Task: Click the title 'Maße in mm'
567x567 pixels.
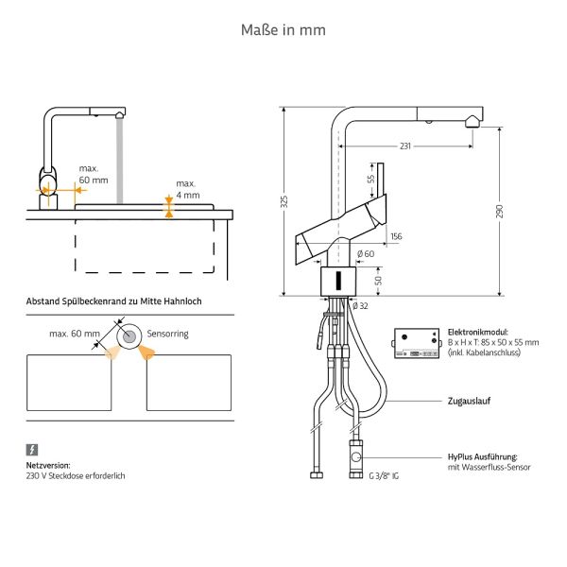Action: pyautogui.click(x=283, y=30)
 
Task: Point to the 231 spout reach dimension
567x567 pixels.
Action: pyautogui.click(x=405, y=146)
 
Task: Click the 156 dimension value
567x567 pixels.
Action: pyautogui.click(x=396, y=235)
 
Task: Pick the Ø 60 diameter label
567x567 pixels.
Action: pyautogui.click(x=364, y=253)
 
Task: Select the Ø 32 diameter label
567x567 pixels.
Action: pyautogui.click(x=359, y=305)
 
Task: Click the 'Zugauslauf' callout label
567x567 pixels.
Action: pyautogui.click(x=468, y=401)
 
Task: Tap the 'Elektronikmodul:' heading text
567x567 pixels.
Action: pyautogui.click(x=477, y=333)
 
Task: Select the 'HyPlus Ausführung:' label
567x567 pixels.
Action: pyautogui.click(x=488, y=456)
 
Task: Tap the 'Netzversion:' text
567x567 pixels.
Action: pyautogui.click(x=48, y=466)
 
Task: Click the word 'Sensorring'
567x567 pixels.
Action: pyautogui.click(x=168, y=334)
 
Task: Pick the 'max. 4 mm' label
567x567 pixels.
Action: pyautogui.click(x=187, y=189)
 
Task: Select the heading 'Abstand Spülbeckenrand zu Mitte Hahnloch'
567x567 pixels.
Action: pyautogui.click(x=114, y=301)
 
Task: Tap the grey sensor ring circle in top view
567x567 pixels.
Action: pyautogui.click(x=127, y=335)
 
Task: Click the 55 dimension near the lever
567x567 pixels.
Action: pyautogui.click(x=371, y=178)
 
